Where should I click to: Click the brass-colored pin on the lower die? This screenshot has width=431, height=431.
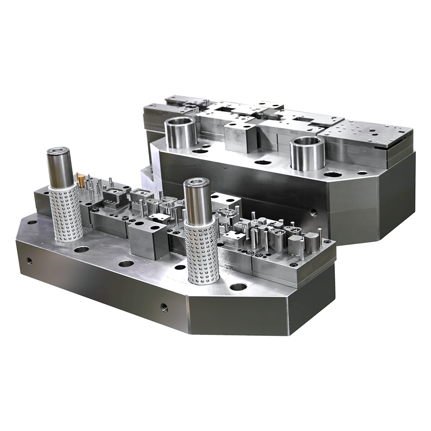81,181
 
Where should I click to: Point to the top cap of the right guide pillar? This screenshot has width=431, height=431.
196,182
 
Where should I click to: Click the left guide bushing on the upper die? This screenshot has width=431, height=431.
181,132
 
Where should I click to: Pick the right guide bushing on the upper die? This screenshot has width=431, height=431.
307,153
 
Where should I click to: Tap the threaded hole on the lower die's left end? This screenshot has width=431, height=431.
29,261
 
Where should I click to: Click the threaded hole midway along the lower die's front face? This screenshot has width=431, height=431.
164,308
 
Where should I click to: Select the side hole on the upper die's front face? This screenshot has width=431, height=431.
314,212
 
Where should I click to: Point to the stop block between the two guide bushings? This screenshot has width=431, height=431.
240,137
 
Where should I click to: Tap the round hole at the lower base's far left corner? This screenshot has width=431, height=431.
32,223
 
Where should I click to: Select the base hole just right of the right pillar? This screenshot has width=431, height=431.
238,287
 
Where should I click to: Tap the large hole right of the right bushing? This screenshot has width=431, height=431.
332,175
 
